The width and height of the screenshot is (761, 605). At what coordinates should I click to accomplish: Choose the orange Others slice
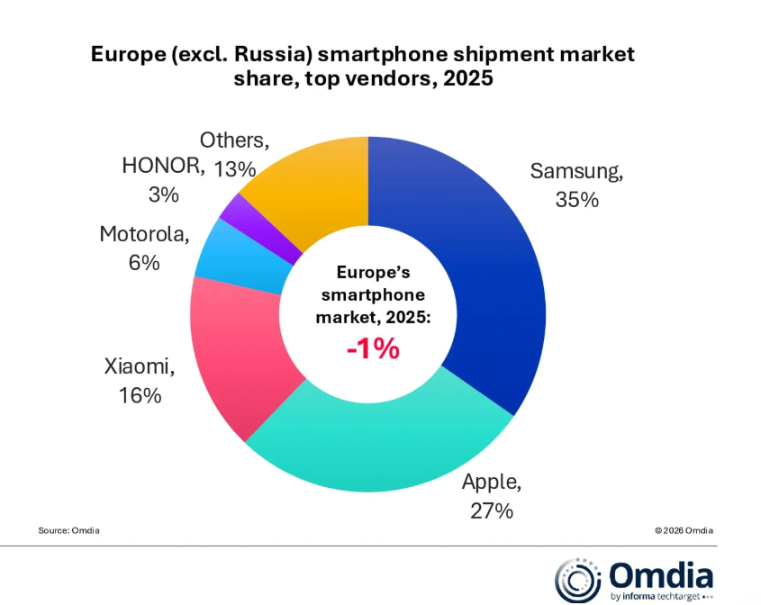[x=315, y=180]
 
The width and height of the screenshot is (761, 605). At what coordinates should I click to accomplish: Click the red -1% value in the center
[x=372, y=348]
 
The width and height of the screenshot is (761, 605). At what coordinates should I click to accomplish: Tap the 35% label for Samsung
[x=577, y=200]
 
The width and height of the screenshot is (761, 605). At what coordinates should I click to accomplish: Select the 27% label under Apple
[x=491, y=510]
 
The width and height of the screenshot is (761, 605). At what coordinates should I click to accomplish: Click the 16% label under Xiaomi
[x=139, y=394]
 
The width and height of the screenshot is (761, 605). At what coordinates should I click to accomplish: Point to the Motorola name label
[x=144, y=235]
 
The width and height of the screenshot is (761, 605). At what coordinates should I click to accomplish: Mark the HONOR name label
[x=163, y=167]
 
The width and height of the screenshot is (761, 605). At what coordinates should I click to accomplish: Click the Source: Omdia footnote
[x=69, y=530]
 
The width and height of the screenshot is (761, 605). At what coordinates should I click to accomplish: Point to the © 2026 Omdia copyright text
[x=684, y=530]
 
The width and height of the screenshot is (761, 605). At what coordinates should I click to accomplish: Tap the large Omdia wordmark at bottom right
[x=661, y=574]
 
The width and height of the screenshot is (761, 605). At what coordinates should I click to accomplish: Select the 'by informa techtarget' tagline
[x=657, y=596]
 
